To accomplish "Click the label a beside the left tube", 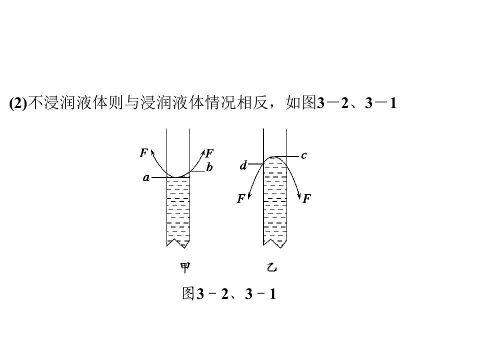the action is (x=146, y=177).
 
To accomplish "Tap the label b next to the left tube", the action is (x=209, y=167).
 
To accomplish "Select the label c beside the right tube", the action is (x=303, y=156).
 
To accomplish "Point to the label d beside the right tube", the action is (x=243, y=165).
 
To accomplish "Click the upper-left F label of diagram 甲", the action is (x=144, y=152).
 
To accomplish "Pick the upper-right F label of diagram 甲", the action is (x=209, y=153).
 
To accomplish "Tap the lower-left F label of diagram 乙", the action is (x=241, y=198).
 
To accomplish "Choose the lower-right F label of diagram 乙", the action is (x=306, y=198).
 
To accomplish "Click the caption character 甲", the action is (x=185, y=268).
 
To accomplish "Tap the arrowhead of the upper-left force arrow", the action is (x=152, y=151).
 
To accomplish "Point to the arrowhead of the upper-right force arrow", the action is (x=203, y=152).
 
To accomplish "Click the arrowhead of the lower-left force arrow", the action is (x=249, y=196).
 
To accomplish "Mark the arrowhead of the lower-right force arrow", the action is (x=299, y=196).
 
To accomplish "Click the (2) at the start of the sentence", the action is (x=18, y=103).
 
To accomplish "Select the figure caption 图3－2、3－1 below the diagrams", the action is (x=229, y=293).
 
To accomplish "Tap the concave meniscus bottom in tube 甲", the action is (x=178, y=177).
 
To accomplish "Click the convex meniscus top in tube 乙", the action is (x=275, y=157).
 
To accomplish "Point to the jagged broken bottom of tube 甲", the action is (x=178, y=243).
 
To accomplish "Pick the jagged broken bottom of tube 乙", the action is (x=275, y=243).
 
